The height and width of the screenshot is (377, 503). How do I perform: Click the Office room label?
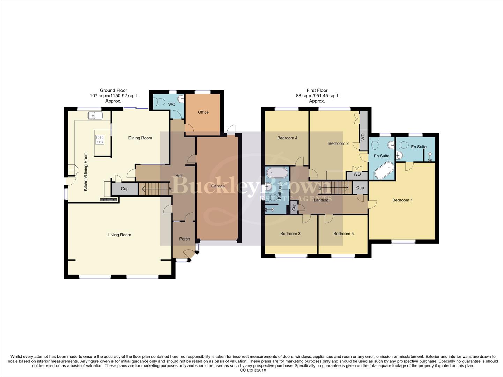(x=203, y=112)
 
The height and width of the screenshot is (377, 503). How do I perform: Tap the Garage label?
(x=218, y=186)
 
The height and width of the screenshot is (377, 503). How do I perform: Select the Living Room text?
(x=119, y=235)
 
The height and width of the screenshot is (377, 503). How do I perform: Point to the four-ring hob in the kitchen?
(x=100, y=140)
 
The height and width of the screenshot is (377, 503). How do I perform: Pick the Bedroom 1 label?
(x=402, y=200)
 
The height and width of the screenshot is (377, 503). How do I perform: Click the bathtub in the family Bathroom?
(x=277, y=173)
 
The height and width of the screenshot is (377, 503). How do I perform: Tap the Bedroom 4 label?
(x=287, y=138)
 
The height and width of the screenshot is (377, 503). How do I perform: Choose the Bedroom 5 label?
(x=343, y=234)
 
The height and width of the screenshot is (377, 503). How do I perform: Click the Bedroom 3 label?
(x=290, y=234)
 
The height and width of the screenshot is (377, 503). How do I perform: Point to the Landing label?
(x=321, y=200)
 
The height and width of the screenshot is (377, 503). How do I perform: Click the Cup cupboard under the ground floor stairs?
(x=125, y=189)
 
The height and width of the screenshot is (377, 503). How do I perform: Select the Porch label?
(x=184, y=239)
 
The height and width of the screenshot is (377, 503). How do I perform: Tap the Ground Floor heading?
(x=113, y=90)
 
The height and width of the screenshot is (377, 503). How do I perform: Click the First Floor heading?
(x=317, y=90)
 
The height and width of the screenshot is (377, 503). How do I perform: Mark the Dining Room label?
(x=140, y=138)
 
